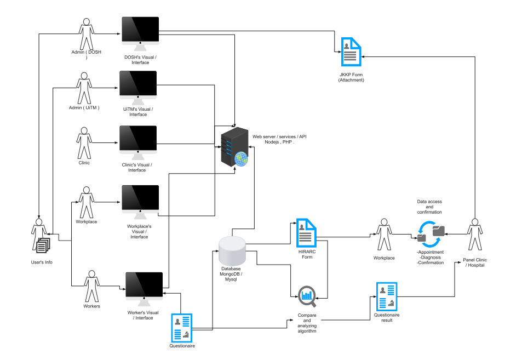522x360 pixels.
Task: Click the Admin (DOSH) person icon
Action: point(85,34)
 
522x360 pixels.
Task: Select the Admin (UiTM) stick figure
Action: point(84,88)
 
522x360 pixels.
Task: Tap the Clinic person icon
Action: point(84,143)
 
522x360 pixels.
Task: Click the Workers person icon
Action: point(91,286)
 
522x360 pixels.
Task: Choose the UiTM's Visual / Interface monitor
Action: point(138,88)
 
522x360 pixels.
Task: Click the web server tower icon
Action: point(232,148)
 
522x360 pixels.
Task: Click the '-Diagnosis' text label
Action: point(431,258)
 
